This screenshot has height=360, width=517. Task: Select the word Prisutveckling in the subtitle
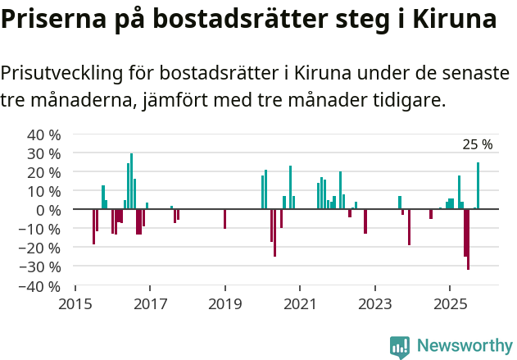[x=61, y=73]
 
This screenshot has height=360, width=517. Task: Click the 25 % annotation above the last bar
[x=478, y=145]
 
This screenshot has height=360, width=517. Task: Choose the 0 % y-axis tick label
[x=48, y=210]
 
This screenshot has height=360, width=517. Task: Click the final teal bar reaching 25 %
[x=478, y=186]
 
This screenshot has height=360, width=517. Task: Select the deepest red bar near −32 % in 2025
[x=468, y=239]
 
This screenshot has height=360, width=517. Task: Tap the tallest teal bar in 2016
[x=131, y=181]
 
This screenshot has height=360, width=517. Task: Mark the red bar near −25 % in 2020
[x=274, y=233]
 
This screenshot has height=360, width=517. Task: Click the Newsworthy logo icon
[x=400, y=347]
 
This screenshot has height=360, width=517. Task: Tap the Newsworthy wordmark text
[x=464, y=346]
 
